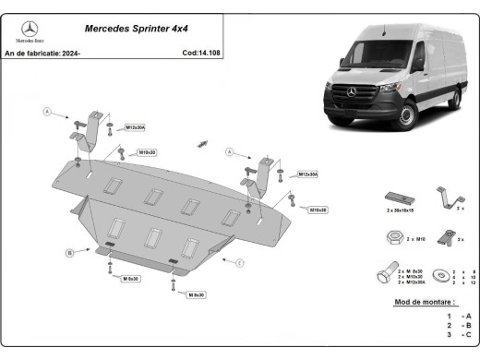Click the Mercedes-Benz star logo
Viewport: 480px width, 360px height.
coord(29,30)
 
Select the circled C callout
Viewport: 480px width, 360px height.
coord(240,264)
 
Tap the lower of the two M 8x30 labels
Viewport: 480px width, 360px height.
coord(195,294)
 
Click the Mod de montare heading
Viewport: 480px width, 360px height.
coord(424,302)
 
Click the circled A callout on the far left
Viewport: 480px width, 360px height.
coord(43,112)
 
